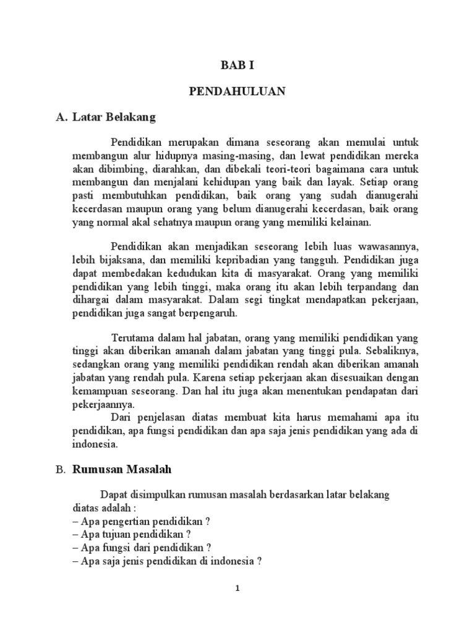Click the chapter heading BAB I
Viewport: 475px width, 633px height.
(x=237, y=64)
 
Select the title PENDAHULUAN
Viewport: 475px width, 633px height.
(x=237, y=91)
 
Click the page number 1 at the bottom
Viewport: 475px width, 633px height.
(x=237, y=588)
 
